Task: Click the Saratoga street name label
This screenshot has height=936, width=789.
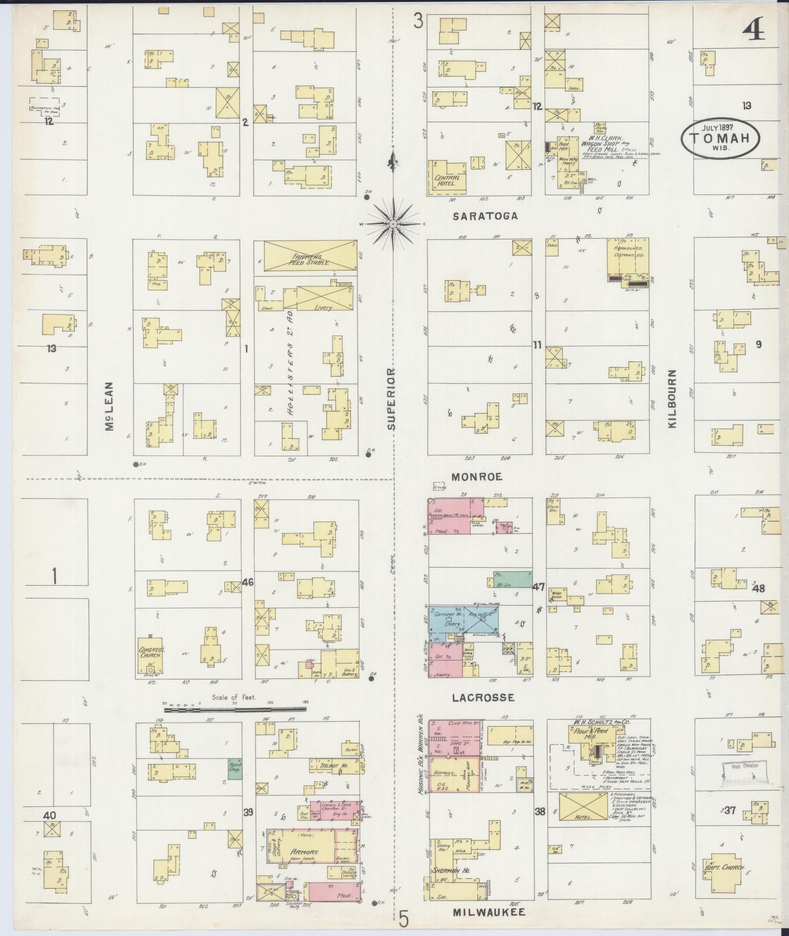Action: [485, 216]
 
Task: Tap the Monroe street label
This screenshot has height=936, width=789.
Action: [477, 477]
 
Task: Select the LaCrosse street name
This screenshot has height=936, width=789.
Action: [483, 698]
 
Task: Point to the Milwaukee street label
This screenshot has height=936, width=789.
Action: [489, 912]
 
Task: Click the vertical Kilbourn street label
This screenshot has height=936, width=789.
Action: [673, 399]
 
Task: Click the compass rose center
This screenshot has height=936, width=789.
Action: [393, 224]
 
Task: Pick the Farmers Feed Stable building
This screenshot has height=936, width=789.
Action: [310, 255]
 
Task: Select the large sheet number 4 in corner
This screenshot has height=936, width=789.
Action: [753, 33]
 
